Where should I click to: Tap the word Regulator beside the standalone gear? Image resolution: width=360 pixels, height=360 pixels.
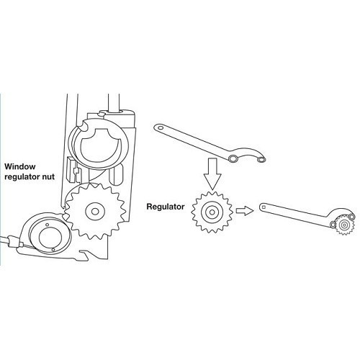165,206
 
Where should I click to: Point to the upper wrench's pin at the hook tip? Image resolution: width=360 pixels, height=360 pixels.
264,159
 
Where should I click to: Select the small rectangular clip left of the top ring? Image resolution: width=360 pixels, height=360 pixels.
73,171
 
